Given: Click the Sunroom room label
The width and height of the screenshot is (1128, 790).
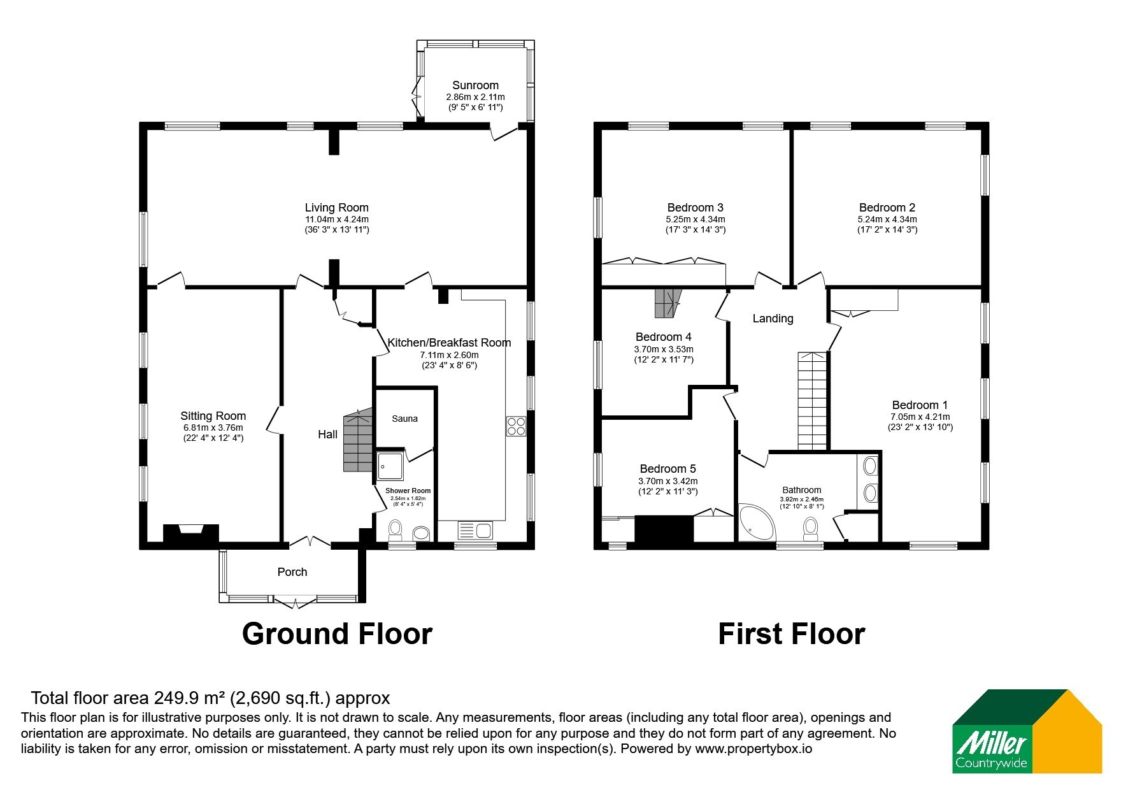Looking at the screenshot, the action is click(x=475, y=85).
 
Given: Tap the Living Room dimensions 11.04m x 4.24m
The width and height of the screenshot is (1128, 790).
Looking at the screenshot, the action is click(x=336, y=219).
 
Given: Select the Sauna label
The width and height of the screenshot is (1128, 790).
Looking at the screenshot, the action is click(x=405, y=419).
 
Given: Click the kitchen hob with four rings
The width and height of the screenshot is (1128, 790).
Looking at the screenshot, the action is click(x=516, y=426).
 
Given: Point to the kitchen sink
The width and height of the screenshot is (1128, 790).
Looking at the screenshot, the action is click(x=475, y=530).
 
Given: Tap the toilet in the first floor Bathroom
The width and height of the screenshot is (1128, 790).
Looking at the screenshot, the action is click(x=811, y=528).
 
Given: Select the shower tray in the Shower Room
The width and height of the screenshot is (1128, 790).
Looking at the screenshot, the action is click(x=390, y=466).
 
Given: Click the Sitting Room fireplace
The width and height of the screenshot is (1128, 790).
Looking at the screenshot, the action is click(x=191, y=533).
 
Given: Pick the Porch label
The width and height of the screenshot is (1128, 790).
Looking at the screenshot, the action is click(x=292, y=572).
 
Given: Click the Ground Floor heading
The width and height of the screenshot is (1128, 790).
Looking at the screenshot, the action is click(x=337, y=634).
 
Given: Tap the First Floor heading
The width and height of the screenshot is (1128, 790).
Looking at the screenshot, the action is click(x=792, y=634).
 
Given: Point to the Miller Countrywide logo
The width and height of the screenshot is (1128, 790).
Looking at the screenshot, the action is click(x=1026, y=731).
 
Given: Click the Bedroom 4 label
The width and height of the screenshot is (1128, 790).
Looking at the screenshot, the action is click(x=664, y=337).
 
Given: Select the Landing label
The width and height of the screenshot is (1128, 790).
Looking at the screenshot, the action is click(x=773, y=319).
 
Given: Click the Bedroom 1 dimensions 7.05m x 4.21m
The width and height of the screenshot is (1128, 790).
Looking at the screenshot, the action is click(x=920, y=417).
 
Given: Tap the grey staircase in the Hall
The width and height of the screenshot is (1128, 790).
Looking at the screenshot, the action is click(x=357, y=440).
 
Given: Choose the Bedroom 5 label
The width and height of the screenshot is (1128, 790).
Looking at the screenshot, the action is click(x=668, y=469).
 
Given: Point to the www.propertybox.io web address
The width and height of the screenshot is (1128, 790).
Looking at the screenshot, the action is click(x=753, y=749).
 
